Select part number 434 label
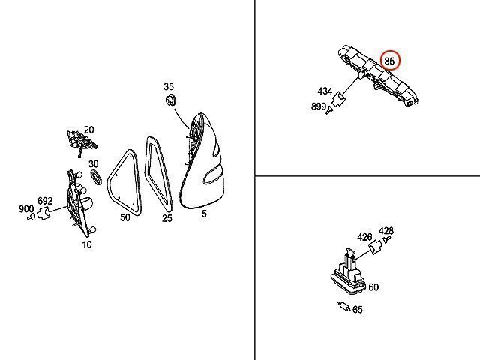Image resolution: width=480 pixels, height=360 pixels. pos(325,91)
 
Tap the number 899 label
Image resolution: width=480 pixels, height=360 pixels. pos(318,106)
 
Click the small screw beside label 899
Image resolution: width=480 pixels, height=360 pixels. pos(329,109)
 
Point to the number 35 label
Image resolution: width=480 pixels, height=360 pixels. pos(168,87)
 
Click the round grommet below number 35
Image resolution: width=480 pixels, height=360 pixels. pos(170,100)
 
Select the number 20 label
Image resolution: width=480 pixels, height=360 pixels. pos(88,130)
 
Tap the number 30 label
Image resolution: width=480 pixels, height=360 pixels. pos(94,164)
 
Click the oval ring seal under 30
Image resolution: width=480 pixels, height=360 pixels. pos(96,177)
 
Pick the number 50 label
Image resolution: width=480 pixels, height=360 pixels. pos(125,217)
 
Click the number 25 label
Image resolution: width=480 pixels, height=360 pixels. pos(166,218)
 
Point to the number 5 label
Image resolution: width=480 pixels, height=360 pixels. pos(204,214)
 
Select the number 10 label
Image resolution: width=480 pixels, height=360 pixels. pos(87,244)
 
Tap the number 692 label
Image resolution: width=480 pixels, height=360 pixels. pos(45,201)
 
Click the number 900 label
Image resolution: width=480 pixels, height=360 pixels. pos(26,209)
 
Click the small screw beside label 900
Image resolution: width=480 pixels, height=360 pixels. pos(31,217)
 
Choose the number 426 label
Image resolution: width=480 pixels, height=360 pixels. pos(364,237)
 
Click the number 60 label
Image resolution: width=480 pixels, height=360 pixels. pos(373,287)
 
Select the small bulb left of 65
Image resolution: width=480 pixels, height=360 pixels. pos(343,306)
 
